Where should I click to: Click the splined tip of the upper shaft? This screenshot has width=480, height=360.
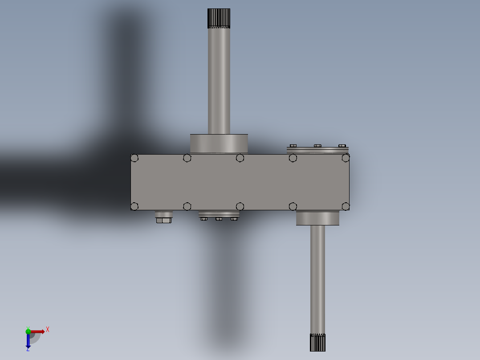click(x=219, y=18)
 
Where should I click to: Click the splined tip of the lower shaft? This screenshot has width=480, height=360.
click(x=317, y=342)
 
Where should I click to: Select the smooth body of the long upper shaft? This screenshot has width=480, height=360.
click(x=219, y=80)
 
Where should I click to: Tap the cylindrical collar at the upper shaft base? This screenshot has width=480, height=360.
click(x=219, y=143)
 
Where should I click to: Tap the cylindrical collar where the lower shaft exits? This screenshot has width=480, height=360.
click(x=317, y=218)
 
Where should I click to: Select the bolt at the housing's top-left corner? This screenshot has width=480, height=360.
click(x=134, y=158)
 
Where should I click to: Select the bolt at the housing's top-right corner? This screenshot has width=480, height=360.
click(x=346, y=158)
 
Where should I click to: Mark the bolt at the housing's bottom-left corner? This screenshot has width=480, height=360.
click(x=134, y=206)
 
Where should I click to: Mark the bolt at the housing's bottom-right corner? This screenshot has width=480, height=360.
click(x=346, y=206)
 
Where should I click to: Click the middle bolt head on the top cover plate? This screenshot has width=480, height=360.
click(x=317, y=146)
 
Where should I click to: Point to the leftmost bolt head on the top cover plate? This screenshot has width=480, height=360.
click(x=293, y=146)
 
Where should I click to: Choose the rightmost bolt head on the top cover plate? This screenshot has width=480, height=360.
click(x=342, y=146)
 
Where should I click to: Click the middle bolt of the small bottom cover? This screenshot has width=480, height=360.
click(x=219, y=219)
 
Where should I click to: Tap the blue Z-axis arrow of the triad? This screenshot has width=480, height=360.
click(x=28, y=341)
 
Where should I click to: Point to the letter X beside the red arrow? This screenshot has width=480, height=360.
click(x=48, y=329)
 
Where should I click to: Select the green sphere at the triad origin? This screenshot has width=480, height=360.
click(x=28, y=331)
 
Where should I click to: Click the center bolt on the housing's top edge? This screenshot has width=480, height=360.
click(x=240, y=158)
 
